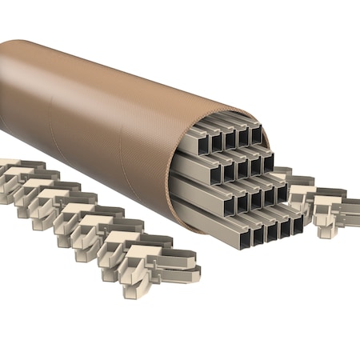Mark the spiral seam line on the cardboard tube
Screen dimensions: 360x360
[x=120, y=128]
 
